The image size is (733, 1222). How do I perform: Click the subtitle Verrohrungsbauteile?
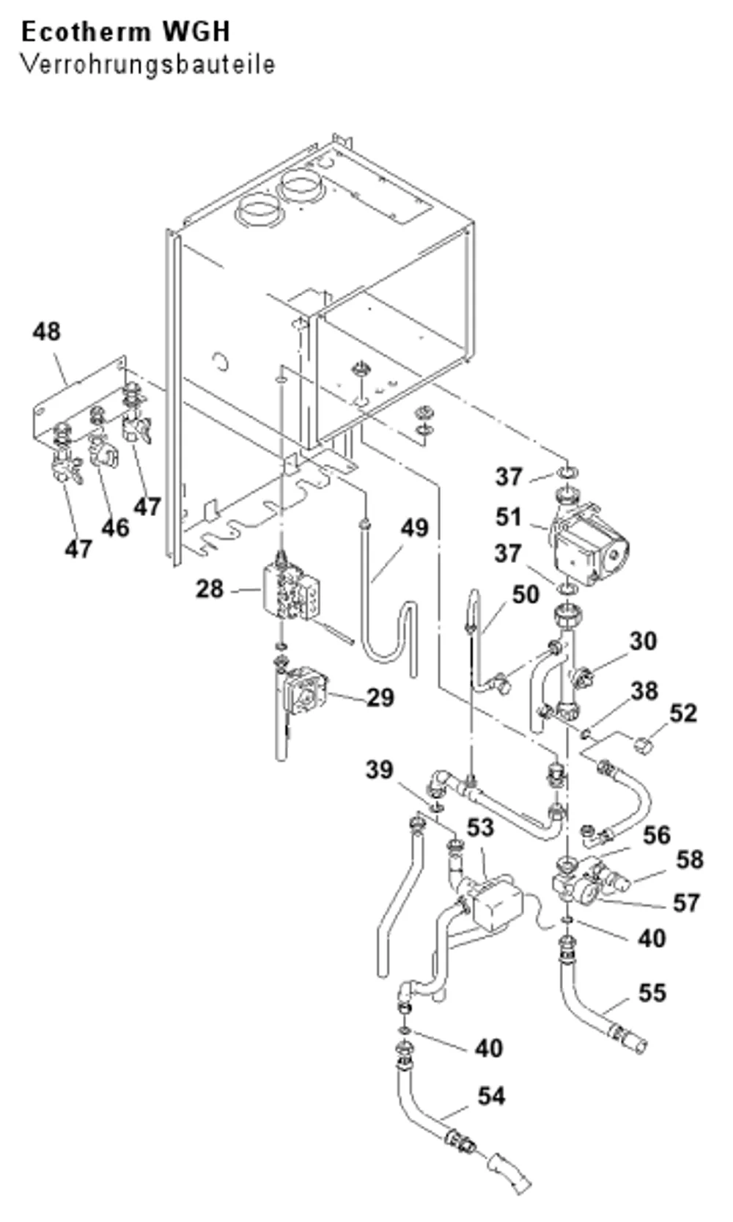pos(148,65)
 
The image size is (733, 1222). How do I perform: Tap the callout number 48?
pos(46,331)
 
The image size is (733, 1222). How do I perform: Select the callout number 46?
pos(115,528)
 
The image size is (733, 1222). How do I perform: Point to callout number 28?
pos(210,589)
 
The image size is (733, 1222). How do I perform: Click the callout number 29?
pos(380,698)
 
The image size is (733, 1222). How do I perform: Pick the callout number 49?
pos(414,528)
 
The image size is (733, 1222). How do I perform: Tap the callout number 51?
pos(508,517)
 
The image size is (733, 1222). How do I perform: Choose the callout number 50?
pos(526,595)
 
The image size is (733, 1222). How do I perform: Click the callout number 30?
pos(644,641)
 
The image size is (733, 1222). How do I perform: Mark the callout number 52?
pos(683,713)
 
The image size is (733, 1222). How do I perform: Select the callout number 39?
pos(380,770)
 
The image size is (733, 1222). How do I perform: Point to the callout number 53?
pos(480,828)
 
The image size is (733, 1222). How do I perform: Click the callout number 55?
pos(652,993)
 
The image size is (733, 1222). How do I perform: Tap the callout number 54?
pos(491,1096)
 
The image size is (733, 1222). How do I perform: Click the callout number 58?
pos(690,860)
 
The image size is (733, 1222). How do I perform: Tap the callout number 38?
pos(644,691)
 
